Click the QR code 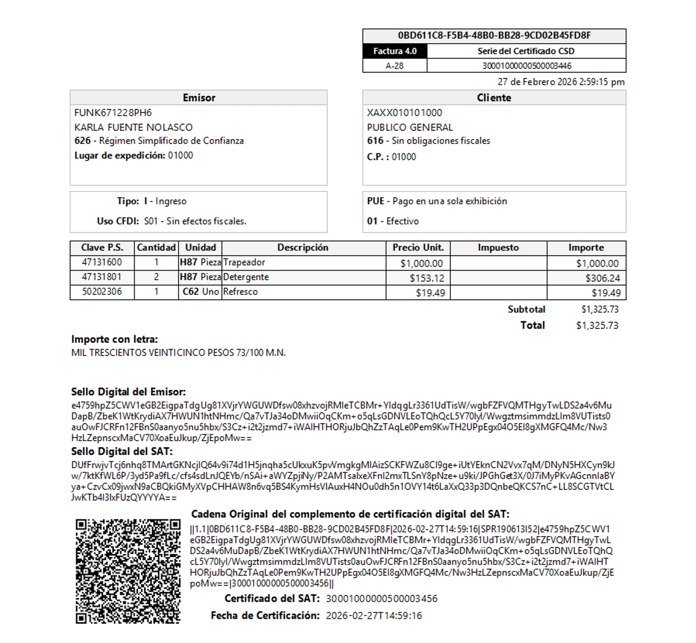pyautogui.click(x=128, y=571)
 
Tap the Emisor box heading pyautogui.click(x=199, y=98)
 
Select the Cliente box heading pyautogui.click(x=494, y=98)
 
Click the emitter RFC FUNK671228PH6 pyautogui.click(x=113, y=113)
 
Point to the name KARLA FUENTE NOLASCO pyautogui.click(x=133, y=127)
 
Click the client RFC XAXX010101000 pyautogui.click(x=404, y=113)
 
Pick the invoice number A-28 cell pyautogui.click(x=395, y=66)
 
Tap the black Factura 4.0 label pyautogui.click(x=395, y=51)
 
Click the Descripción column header pyautogui.click(x=303, y=247)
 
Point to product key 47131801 pyautogui.click(x=102, y=277)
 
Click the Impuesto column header pyautogui.click(x=498, y=247)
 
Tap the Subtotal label pyautogui.click(x=526, y=309)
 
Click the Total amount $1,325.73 pyautogui.click(x=597, y=325)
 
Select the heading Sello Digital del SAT pyautogui.click(x=121, y=451)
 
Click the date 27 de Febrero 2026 pyautogui.click(x=537, y=82)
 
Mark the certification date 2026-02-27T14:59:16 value pyautogui.click(x=374, y=615)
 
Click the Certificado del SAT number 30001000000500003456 pyautogui.click(x=381, y=599)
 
